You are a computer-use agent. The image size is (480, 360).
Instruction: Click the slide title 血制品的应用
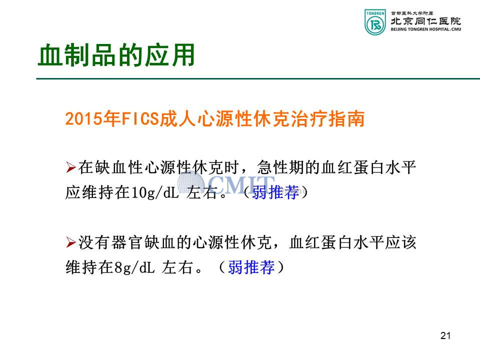click(x=116, y=55)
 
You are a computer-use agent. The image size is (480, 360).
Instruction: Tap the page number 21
click(x=445, y=335)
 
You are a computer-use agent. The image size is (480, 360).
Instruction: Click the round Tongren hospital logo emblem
click(x=375, y=22)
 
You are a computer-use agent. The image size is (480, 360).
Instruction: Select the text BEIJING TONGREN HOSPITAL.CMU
click(x=426, y=29)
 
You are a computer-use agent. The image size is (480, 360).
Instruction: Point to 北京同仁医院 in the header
click(x=426, y=21)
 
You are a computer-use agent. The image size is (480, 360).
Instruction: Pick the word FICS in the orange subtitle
click(x=140, y=119)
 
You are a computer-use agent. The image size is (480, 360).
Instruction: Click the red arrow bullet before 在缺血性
click(x=70, y=167)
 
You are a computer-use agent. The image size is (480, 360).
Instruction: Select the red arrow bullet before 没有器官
click(x=70, y=242)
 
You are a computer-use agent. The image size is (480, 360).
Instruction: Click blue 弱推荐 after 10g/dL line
click(x=275, y=192)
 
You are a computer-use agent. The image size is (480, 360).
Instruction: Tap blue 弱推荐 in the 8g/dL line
click(x=251, y=267)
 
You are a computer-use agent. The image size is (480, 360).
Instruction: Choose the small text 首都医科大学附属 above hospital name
click(x=412, y=13)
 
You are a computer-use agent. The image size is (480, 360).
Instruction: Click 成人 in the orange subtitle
click(x=178, y=119)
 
